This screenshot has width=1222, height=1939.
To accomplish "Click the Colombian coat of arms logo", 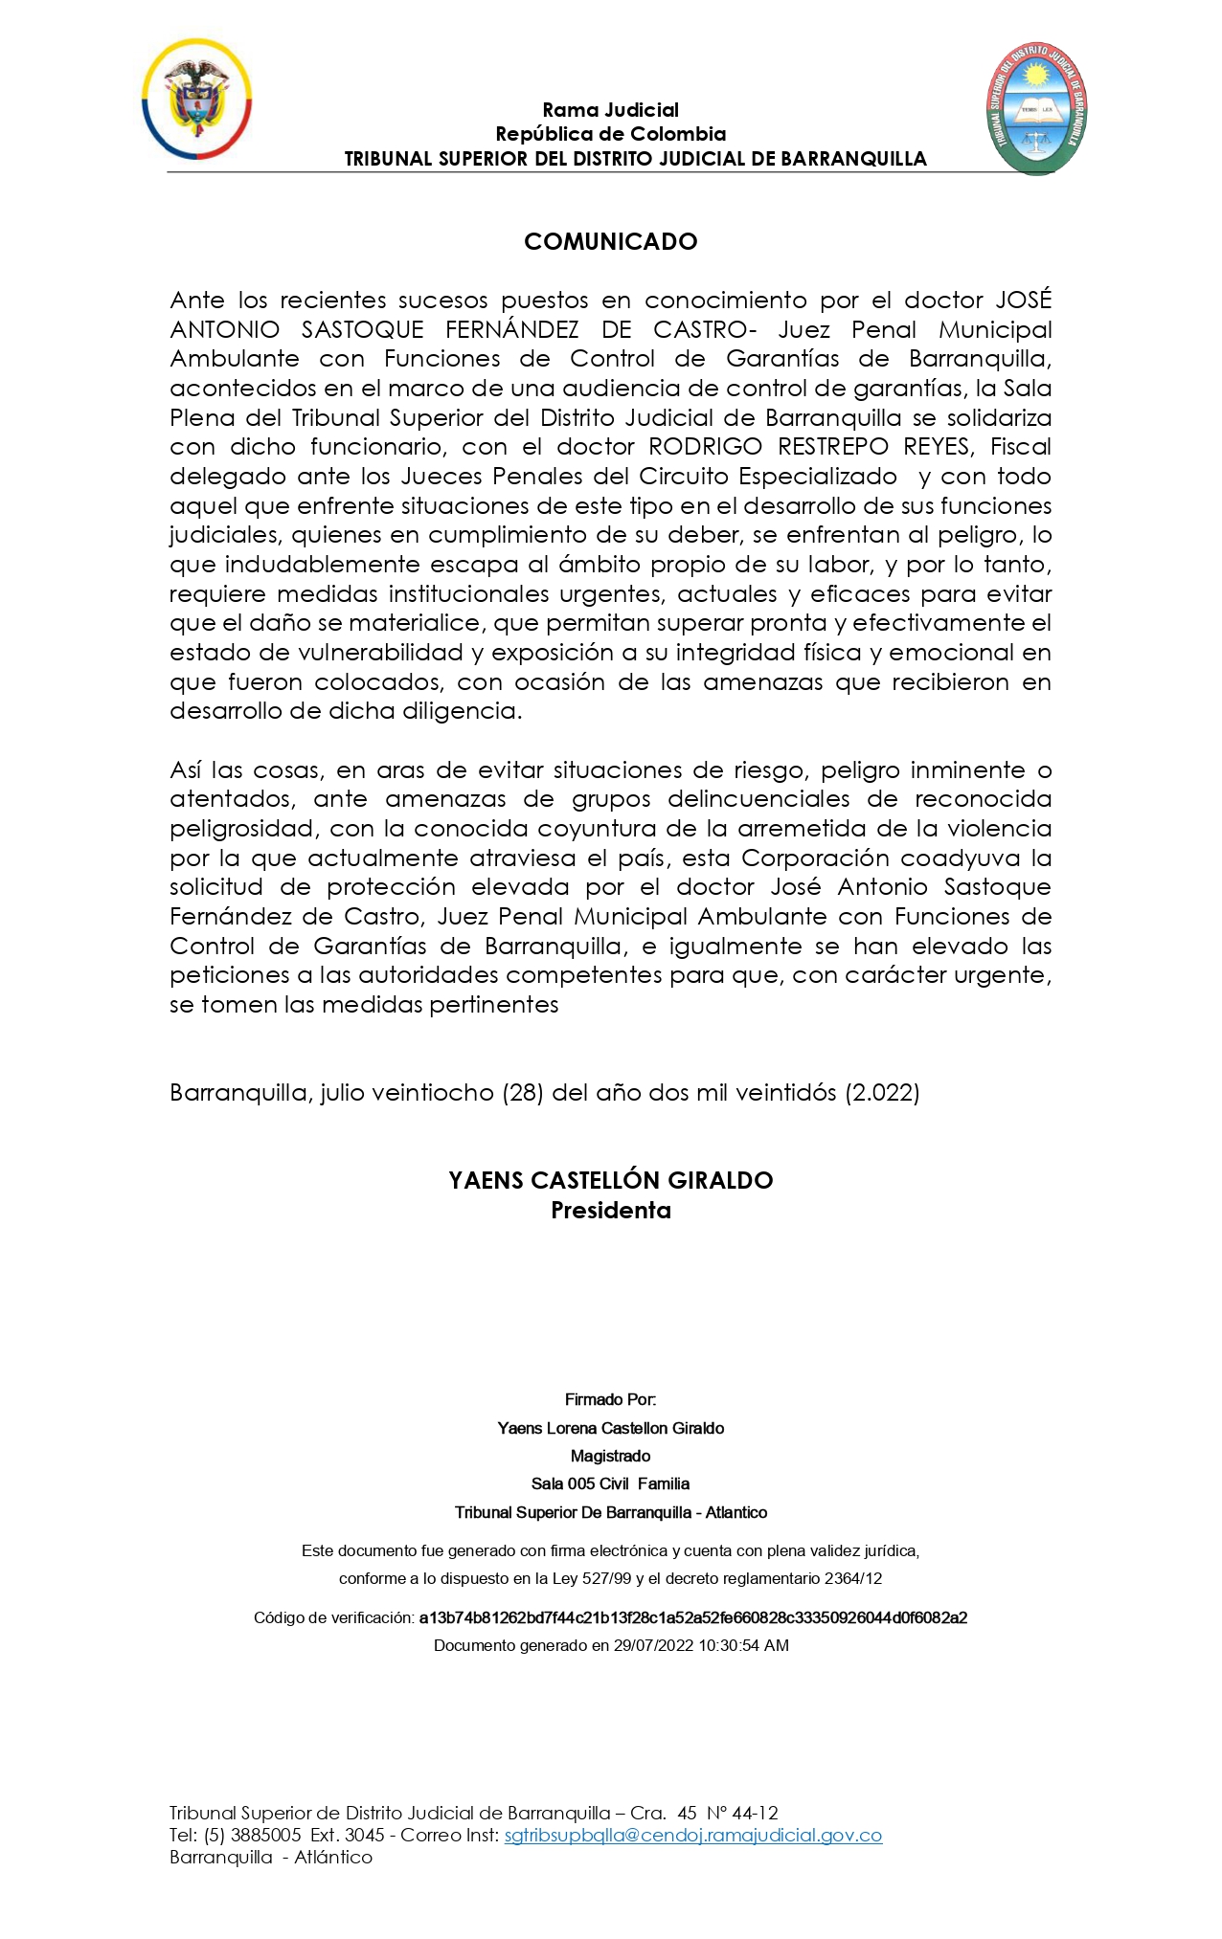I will pos(197,100).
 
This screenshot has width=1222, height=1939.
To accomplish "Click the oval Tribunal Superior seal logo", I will pos(1037,107).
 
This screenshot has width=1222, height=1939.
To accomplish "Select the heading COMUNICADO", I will pos(610,241).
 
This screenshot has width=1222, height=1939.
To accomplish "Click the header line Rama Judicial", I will pos(610,110).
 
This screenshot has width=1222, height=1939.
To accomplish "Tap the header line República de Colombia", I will pos(610,134).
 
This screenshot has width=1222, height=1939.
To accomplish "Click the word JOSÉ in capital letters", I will pos(1023,300).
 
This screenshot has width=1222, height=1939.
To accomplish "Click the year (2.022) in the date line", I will pos(882,1092).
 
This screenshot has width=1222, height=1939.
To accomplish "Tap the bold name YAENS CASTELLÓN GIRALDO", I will pos(610,1180).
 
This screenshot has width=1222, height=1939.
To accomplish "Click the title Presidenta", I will pos(610,1211).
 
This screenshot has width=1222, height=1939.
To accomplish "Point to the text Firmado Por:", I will pos(610,1399).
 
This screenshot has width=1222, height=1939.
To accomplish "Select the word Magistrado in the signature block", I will pos(610,1456).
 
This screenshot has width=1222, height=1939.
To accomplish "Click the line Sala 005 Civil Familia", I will pos(610,1483).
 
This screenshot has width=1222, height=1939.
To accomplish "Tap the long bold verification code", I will pos(692,1617).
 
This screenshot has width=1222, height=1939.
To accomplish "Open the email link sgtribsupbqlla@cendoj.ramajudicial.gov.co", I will pos(692,1835).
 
